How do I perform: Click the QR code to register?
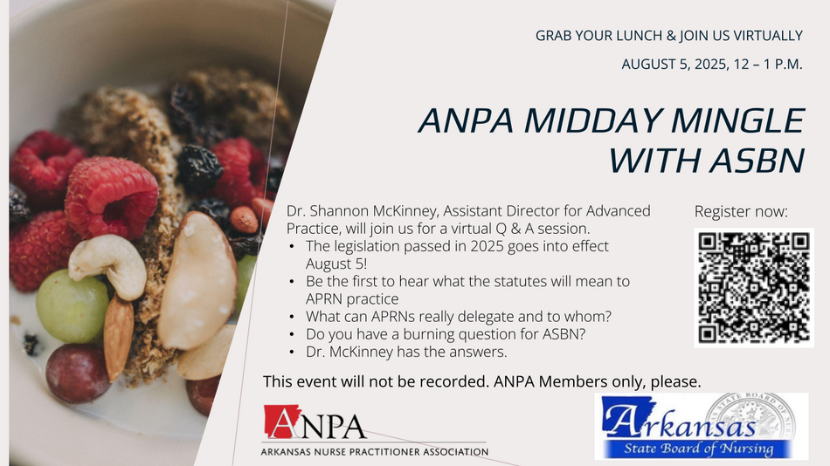[754, 288]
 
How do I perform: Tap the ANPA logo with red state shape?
[315, 422]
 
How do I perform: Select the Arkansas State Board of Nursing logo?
[701, 426]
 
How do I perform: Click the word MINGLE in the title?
[738, 120]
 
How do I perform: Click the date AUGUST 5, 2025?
[674, 65]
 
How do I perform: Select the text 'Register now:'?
[741, 211]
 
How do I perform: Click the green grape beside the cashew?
[72, 305]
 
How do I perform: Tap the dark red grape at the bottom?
[77, 373]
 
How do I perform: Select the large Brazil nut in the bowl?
[197, 280]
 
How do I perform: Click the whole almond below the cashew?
[118, 336]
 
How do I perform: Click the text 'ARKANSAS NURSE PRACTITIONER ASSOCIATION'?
[375, 452]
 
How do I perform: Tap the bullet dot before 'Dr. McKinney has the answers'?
[292, 352]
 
